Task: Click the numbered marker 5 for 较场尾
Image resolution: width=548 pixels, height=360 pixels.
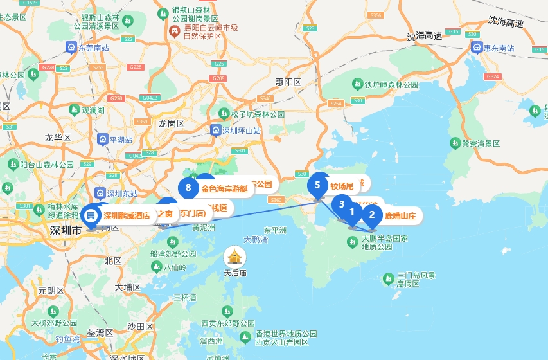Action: tap(317, 184)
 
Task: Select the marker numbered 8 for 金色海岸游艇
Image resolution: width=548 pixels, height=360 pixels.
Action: tap(188, 188)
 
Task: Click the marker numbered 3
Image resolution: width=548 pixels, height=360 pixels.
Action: tap(342, 204)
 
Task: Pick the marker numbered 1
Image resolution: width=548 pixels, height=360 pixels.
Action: tap(352, 212)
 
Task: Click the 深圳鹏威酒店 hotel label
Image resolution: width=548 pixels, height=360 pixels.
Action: tap(127, 215)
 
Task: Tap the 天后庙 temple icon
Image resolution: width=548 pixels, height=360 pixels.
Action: tap(234, 257)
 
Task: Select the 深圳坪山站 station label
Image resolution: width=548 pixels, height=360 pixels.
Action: tap(242, 130)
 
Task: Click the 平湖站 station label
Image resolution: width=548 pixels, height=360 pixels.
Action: tap(121, 139)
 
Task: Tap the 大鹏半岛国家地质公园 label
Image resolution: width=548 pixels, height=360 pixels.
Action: tap(385, 242)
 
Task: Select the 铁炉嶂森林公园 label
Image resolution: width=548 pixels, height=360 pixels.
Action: tap(391, 84)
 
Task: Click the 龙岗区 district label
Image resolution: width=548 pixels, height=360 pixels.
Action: tap(172, 123)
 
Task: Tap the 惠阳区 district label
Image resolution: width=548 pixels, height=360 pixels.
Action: tap(288, 82)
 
